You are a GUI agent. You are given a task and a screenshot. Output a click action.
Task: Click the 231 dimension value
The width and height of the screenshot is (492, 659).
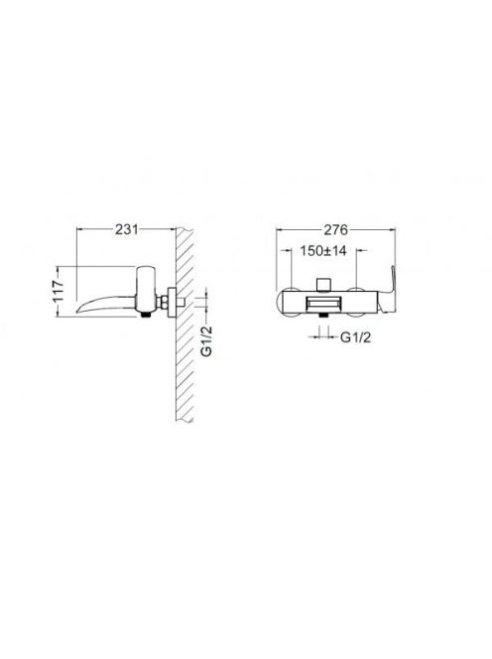(x=126, y=229)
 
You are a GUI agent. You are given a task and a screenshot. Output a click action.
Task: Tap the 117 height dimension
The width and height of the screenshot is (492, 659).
(x=59, y=291)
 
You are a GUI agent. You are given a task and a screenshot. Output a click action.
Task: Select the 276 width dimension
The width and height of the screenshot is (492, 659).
(x=335, y=229)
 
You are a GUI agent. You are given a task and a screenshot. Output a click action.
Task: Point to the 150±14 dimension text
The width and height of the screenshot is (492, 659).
(x=323, y=251)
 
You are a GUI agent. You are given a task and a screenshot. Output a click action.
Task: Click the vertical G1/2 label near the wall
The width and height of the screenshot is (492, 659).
(x=206, y=340)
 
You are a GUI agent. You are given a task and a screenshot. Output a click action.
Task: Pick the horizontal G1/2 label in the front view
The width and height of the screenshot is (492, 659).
(x=355, y=337)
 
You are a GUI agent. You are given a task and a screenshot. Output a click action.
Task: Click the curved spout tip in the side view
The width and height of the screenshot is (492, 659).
(x=79, y=311)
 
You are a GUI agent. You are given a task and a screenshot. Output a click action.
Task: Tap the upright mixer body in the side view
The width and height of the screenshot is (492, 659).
(x=146, y=290)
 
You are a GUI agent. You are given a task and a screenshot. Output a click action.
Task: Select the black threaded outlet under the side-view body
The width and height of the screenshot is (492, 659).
(x=146, y=316)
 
